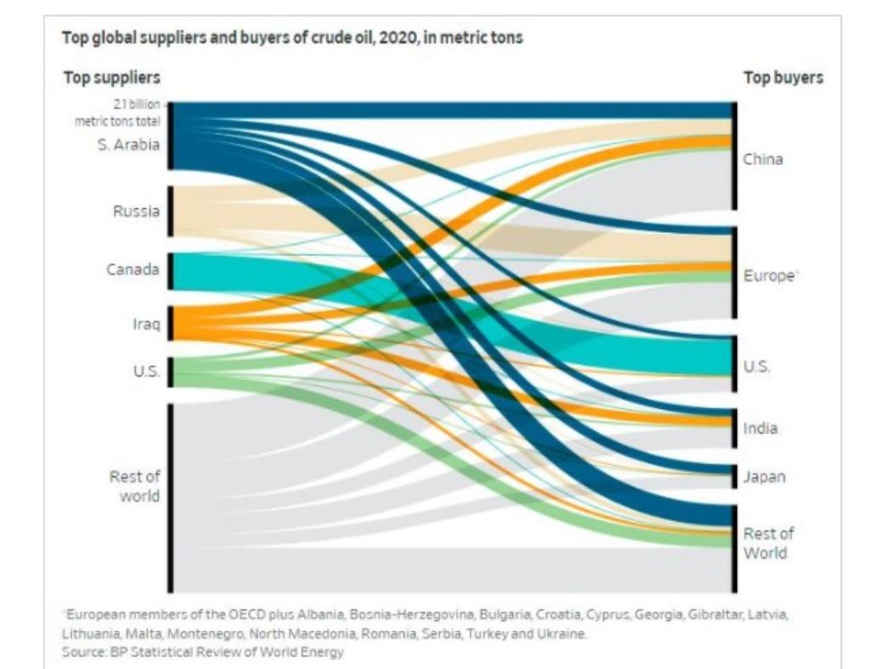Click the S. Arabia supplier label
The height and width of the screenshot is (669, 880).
[128, 144]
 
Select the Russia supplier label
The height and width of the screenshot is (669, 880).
[136, 211]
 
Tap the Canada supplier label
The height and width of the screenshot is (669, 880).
[133, 269]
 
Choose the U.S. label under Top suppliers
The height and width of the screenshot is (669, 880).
[145, 371]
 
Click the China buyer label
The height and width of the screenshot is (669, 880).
[763, 159]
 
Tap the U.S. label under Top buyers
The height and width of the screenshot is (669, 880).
[757, 366]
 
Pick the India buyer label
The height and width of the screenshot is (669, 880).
[760, 428]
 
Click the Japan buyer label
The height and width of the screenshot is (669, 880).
[764, 477]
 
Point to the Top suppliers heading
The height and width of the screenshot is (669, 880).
[112, 77]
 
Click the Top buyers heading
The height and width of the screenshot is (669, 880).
[783, 77]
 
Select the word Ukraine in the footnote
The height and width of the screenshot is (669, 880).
[557, 634]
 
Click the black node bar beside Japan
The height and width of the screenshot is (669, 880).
[735, 477]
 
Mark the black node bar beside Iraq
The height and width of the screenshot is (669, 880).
[171, 323]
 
